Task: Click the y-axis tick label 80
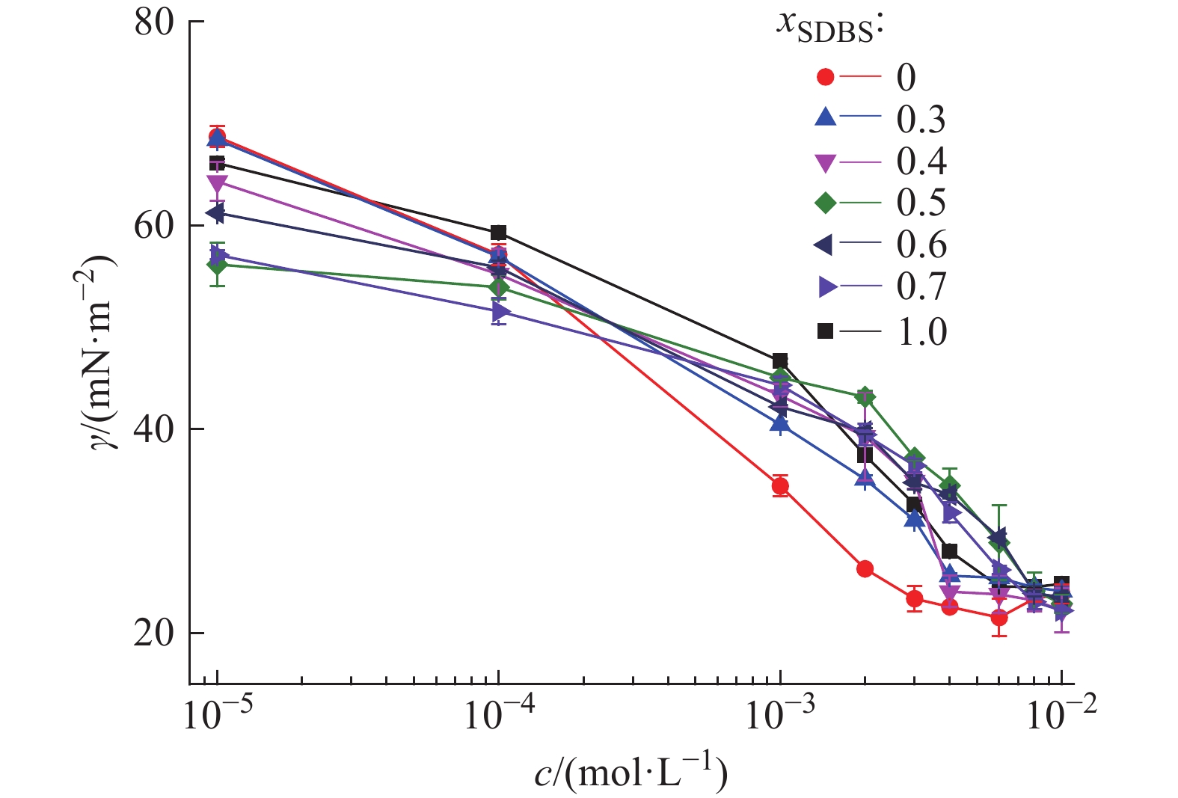tap(154, 23)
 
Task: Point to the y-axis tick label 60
tap(154, 226)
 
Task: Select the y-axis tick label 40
tap(154, 429)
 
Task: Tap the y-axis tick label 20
tap(154, 633)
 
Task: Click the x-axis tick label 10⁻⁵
tap(217, 714)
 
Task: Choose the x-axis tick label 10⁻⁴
tap(498, 714)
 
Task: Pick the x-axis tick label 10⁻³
tap(780, 714)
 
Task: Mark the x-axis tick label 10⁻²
tap(1061, 714)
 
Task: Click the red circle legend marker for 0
tap(826, 76)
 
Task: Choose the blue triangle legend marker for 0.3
tap(826, 117)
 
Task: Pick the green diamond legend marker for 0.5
tap(826, 203)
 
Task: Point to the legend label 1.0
tap(921, 331)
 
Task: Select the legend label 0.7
tap(921, 286)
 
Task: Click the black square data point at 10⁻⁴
tap(499, 233)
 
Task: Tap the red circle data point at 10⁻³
tap(780, 486)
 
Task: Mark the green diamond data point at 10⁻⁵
tap(217, 264)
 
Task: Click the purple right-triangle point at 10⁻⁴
tap(500, 312)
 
